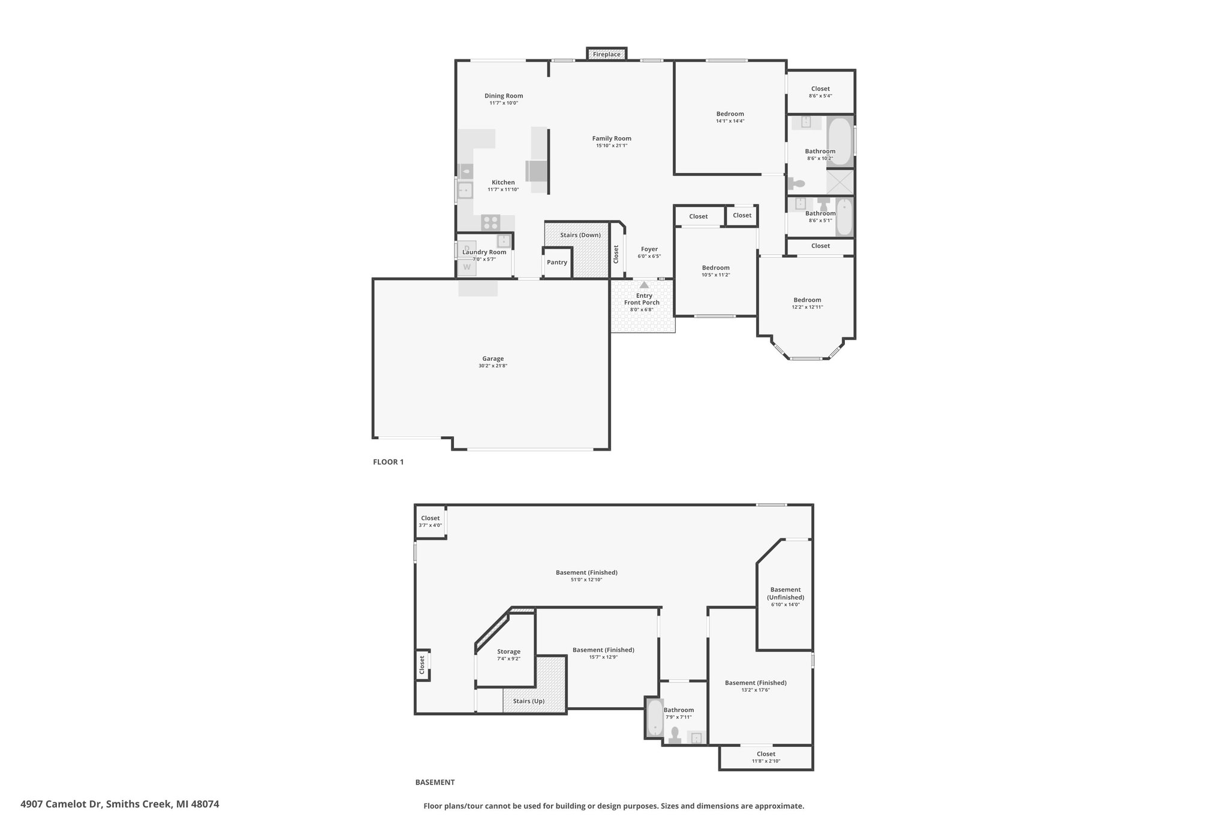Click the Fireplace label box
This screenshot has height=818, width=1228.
[x=606, y=55]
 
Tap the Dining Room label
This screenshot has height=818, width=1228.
[x=504, y=96]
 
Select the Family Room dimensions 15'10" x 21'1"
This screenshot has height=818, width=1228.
[x=612, y=146]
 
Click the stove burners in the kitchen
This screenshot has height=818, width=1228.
[x=490, y=222]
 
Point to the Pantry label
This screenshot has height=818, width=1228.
[x=557, y=262]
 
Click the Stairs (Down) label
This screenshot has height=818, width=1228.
[x=580, y=235]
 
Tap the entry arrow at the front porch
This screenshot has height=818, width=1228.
[x=644, y=285]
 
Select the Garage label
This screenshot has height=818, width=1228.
[x=493, y=359]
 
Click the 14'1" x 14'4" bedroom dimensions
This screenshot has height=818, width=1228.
[x=730, y=121]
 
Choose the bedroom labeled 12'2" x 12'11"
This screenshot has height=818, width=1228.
[x=807, y=300]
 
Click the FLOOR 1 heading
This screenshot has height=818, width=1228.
[x=389, y=462]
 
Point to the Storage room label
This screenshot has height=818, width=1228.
[x=508, y=651]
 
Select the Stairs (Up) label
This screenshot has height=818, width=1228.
[x=529, y=701]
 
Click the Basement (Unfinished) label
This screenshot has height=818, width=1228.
[x=785, y=593]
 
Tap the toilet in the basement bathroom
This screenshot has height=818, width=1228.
[x=675, y=735]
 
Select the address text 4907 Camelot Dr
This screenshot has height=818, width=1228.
[x=62, y=804]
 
